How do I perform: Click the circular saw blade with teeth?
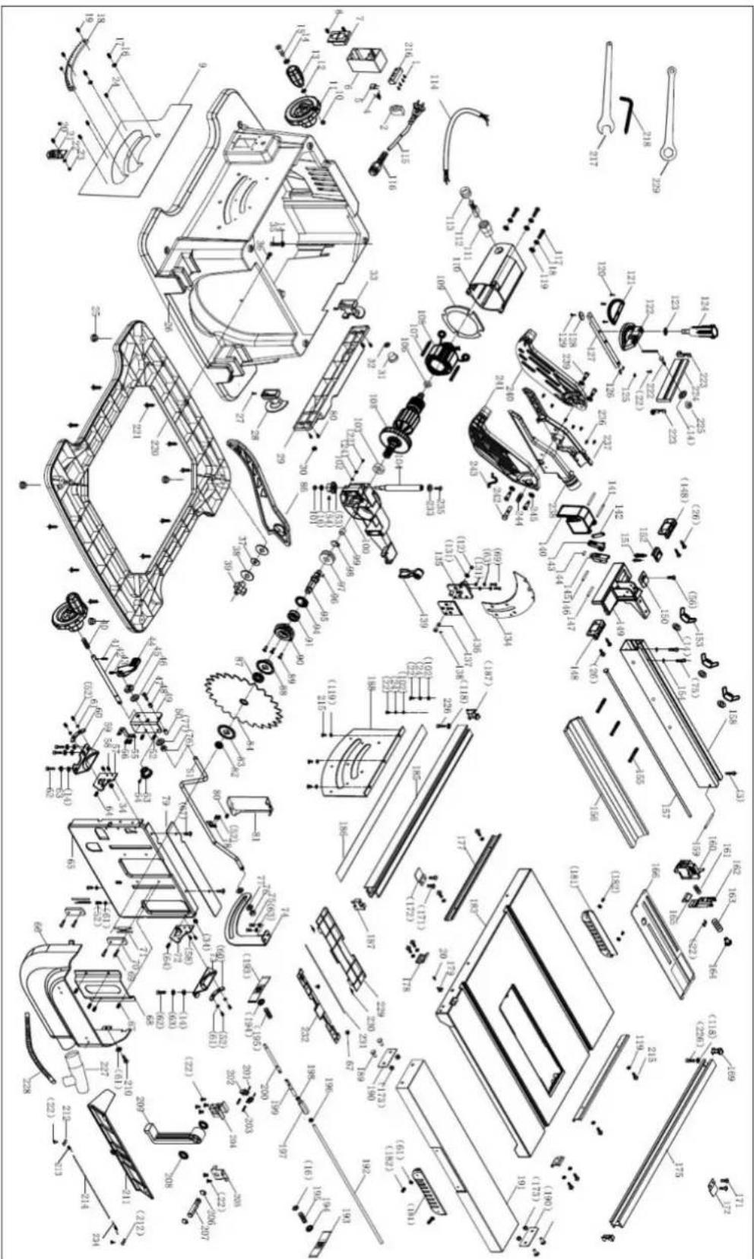click(245, 701)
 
